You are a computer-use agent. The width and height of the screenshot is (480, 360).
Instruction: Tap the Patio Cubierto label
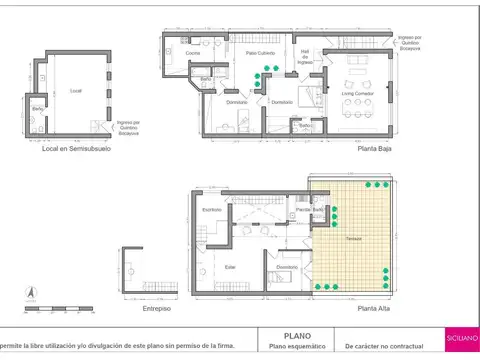pos(262,53)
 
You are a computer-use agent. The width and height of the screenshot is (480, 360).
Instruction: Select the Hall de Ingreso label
pos(305,56)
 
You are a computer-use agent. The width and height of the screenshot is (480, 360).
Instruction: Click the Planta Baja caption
pos(374,152)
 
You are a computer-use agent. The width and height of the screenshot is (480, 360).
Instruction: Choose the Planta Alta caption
pos(374,310)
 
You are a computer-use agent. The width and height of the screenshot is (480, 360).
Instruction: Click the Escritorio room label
pos(211,209)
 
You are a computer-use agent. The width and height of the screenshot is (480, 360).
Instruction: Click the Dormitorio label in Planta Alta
pos(287,267)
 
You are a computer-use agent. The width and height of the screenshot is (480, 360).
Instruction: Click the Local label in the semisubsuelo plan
pos(75,91)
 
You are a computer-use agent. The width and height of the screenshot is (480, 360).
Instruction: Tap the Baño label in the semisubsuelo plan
pos(37,108)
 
